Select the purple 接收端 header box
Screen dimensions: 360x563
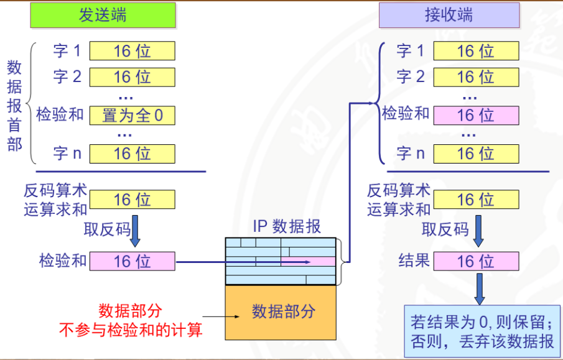click(449, 16)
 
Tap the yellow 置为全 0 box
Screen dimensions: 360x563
click(132, 116)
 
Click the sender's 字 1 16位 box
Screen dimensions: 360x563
click(132, 51)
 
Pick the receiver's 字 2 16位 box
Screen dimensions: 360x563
click(476, 77)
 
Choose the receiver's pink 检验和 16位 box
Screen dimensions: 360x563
click(476, 116)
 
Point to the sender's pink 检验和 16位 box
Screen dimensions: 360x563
click(132, 261)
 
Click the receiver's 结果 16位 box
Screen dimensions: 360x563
click(476, 261)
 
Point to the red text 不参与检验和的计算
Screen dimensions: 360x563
click(131, 330)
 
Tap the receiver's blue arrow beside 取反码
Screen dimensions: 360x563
click(479, 231)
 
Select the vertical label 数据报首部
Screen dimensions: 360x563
click(14, 106)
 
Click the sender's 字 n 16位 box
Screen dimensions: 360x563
click(132, 153)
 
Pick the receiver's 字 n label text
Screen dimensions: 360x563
click(411, 153)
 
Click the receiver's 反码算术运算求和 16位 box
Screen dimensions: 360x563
click(476, 200)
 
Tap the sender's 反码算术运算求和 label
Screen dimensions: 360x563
click(55, 200)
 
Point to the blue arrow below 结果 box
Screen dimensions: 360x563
click(479, 288)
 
